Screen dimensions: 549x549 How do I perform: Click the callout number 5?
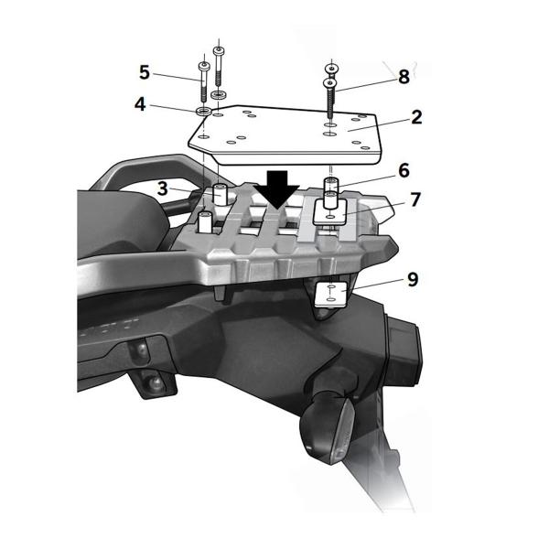(144, 71)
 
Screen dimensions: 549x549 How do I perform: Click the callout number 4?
(140, 104)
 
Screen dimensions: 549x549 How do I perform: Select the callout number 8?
(404, 78)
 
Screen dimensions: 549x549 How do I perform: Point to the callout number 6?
(404, 170)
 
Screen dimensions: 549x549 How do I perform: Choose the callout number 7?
(414, 199)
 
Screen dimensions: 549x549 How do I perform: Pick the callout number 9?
(413, 278)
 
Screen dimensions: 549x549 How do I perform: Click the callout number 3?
(162, 189)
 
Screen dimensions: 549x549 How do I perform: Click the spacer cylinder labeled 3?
(219, 194)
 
